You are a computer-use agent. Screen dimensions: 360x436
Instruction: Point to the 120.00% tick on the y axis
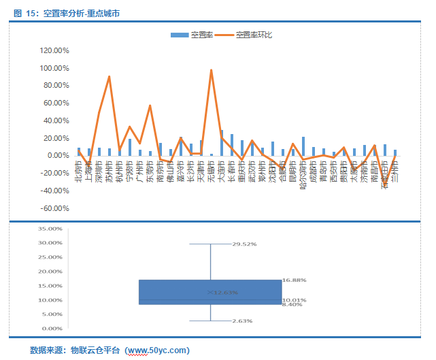point(55,50)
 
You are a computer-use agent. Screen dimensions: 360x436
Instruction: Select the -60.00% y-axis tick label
point(55,208)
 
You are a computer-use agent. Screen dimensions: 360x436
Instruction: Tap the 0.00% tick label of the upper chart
point(59,155)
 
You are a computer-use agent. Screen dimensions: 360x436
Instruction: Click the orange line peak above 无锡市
point(212,70)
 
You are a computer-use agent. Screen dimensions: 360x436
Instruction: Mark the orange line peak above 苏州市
point(110,77)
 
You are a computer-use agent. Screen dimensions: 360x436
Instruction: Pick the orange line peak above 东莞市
point(150,106)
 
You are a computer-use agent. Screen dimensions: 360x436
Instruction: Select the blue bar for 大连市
point(222,143)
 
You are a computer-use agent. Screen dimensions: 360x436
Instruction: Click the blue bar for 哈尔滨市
point(303,146)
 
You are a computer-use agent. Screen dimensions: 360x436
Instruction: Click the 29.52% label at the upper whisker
point(244,244)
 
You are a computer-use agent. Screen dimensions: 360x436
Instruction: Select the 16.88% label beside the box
point(295,280)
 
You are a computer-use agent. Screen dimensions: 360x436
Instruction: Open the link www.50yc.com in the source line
point(157,350)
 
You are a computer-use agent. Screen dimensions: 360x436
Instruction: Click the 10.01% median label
point(295,299)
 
